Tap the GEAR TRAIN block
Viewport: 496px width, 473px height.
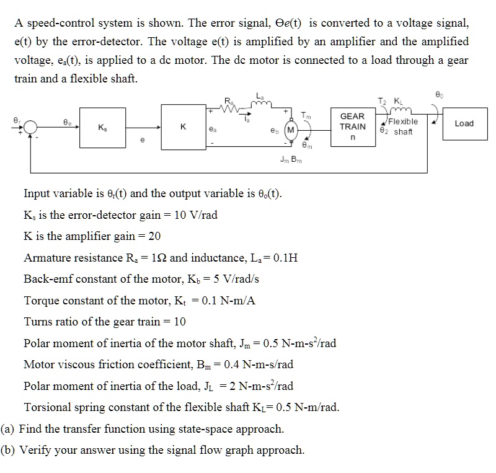click(x=352, y=126)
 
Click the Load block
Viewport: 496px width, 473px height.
click(x=463, y=123)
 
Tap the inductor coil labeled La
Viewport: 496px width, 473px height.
click(x=259, y=104)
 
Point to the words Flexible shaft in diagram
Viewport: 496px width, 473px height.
click(x=402, y=126)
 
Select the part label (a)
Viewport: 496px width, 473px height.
click(x=9, y=428)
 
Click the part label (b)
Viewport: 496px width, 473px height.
click(x=9, y=450)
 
